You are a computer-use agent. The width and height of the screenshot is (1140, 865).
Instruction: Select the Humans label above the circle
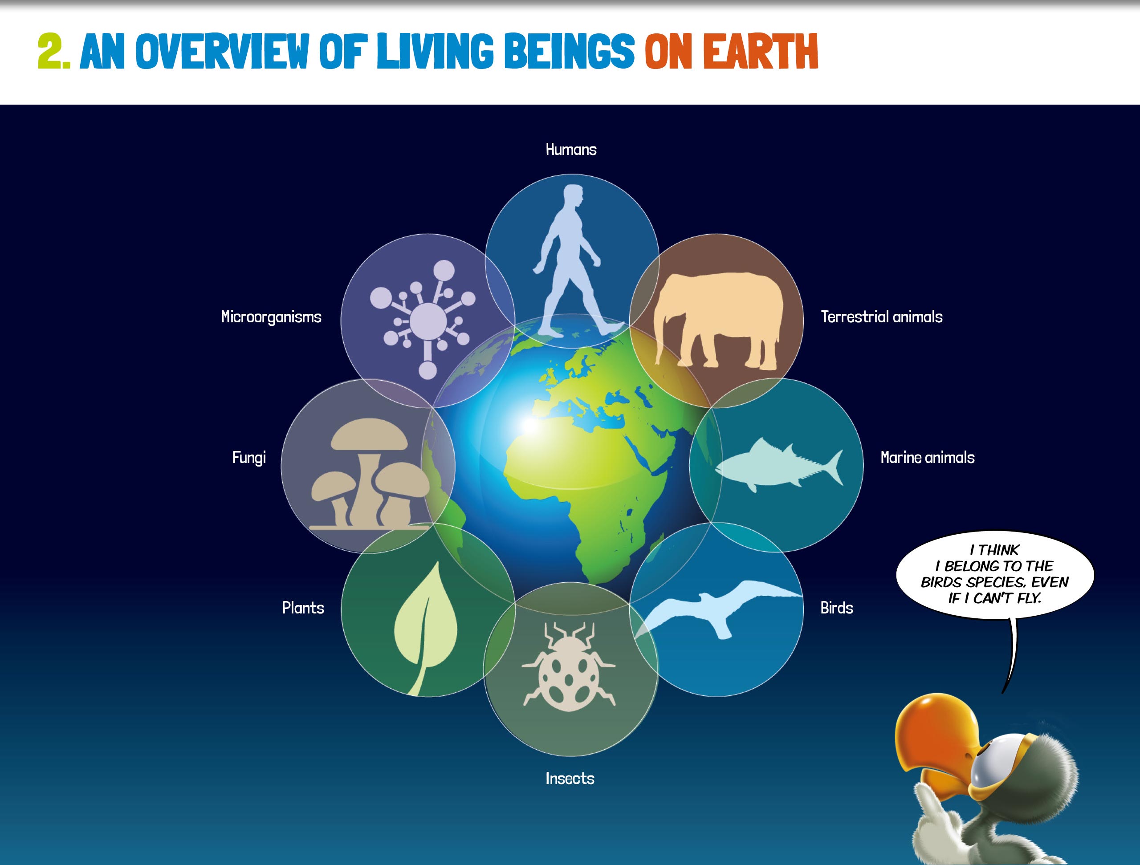click(570, 150)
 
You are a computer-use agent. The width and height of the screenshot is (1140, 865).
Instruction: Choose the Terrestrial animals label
click(881, 317)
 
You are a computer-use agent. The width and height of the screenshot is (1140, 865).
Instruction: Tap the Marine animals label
click(927, 458)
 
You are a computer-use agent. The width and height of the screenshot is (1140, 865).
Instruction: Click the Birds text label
click(836, 608)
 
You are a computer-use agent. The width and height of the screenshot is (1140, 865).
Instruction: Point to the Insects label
click(570, 778)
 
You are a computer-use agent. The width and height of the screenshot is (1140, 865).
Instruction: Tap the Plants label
click(303, 608)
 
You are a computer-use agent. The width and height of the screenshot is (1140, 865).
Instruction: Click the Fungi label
click(249, 458)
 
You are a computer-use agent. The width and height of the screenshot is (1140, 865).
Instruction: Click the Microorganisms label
click(271, 317)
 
